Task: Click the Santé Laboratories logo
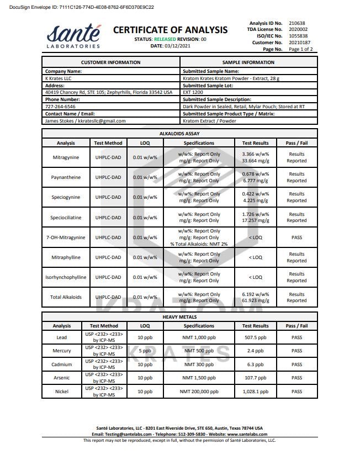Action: pyautogui.click(x=73, y=36)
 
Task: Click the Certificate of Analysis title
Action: pyautogui.click(x=170, y=30)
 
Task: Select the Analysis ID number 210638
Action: pyautogui.click(x=297, y=23)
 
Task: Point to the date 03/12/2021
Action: pyautogui.click(x=176, y=46)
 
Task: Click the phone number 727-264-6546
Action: pyautogui.click(x=61, y=107)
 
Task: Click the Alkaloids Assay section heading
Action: pyautogui.click(x=179, y=134)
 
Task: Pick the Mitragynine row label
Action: pyautogui.click(x=65, y=157)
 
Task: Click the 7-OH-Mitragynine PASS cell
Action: pyautogui.click(x=297, y=237)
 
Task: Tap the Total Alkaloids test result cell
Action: pyautogui.click(x=255, y=297)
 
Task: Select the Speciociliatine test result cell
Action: pyautogui.click(x=255, y=217)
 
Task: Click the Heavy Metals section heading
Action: pyautogui.click(x=179, y=317)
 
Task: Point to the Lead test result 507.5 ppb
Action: pyautogui.click(x=255, y=337)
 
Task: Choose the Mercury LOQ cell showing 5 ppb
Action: pyautogui.click(x=145, y=351)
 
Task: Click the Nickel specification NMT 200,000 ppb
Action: pyautogui.click(x=198, y=392)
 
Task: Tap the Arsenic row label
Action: pyautogui.click(x=62, y=378)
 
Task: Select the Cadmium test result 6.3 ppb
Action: pyautogui.click(x=255, y=364)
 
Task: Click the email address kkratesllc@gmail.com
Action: pyautogui.click(x=102, y=121)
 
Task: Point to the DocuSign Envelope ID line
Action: pyautogui.click(x=77, y=7)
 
